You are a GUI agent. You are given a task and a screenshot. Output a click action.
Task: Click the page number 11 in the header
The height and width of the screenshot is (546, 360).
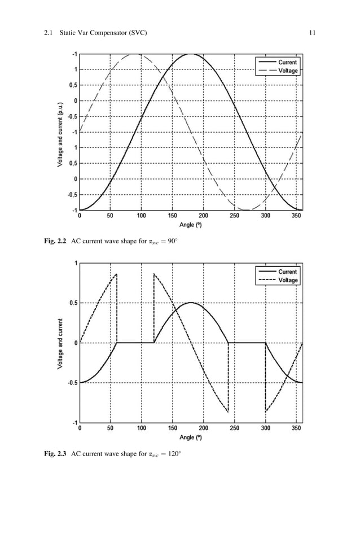coord(311,33)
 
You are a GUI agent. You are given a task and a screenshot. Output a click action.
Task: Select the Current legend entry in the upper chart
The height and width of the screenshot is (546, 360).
coord(287,62)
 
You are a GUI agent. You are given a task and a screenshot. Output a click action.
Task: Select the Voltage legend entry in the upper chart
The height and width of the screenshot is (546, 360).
coord(287,71)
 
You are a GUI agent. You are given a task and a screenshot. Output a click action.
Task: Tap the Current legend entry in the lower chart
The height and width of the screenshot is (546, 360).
coord(287,272)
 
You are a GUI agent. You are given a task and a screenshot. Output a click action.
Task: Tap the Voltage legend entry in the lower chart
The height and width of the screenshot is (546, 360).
coord(287,280)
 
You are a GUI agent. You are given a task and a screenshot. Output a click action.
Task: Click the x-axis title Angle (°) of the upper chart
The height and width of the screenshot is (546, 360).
coord(190,225)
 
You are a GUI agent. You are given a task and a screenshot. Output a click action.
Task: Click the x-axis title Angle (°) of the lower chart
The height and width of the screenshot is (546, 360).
coord(190,437)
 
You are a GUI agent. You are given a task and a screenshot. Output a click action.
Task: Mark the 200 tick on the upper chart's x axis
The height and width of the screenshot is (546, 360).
coord(203,216)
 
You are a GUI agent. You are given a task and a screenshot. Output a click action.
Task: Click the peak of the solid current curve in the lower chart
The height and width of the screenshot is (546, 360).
coord(191,303)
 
